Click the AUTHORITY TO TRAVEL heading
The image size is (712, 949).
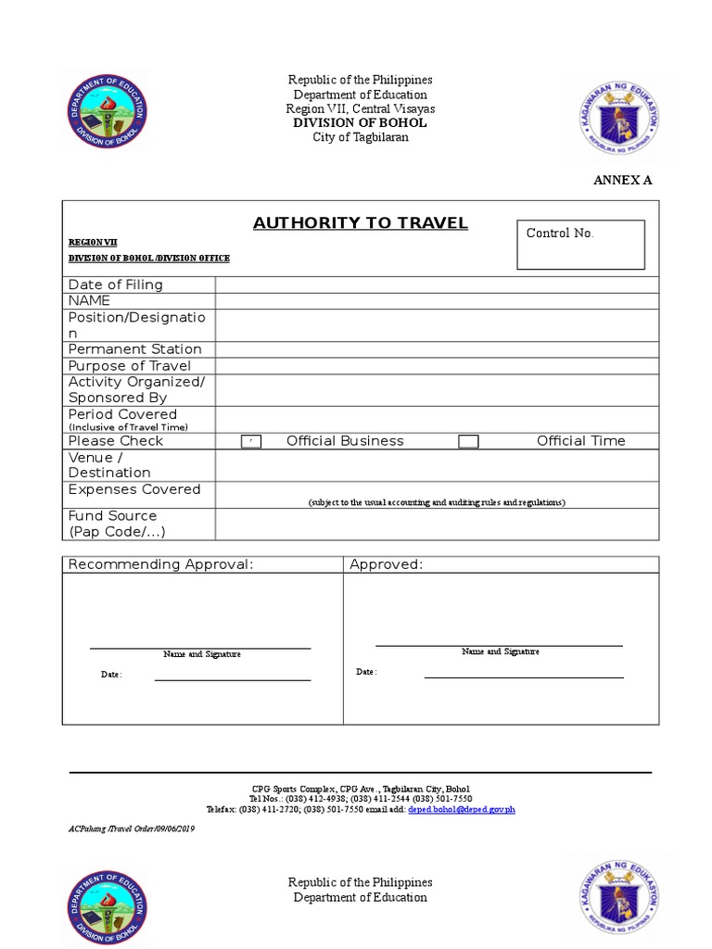point(361,222)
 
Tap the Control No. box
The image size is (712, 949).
point(580,245)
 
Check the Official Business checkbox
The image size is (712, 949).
point(251,442)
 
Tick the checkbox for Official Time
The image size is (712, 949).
point(468,442)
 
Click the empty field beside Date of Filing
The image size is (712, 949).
point(437,285)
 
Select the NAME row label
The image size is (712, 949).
point(89,300)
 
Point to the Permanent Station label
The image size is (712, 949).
point(134,349)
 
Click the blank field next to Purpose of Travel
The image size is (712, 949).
point(437,366)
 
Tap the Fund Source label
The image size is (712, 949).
point(113,515)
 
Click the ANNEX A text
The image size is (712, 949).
point(622,180)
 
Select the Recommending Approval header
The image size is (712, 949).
point(160,564)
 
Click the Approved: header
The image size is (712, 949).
point(386,564)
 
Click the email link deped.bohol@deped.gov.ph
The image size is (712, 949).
point(461,809)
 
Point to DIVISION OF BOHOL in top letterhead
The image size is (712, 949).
point(360,123)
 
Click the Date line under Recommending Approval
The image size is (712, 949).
point(232,679)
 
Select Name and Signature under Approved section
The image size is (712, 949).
point(501,652)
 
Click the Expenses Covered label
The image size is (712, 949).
point(134,489)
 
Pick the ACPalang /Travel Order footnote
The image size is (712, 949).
point(132,828)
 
